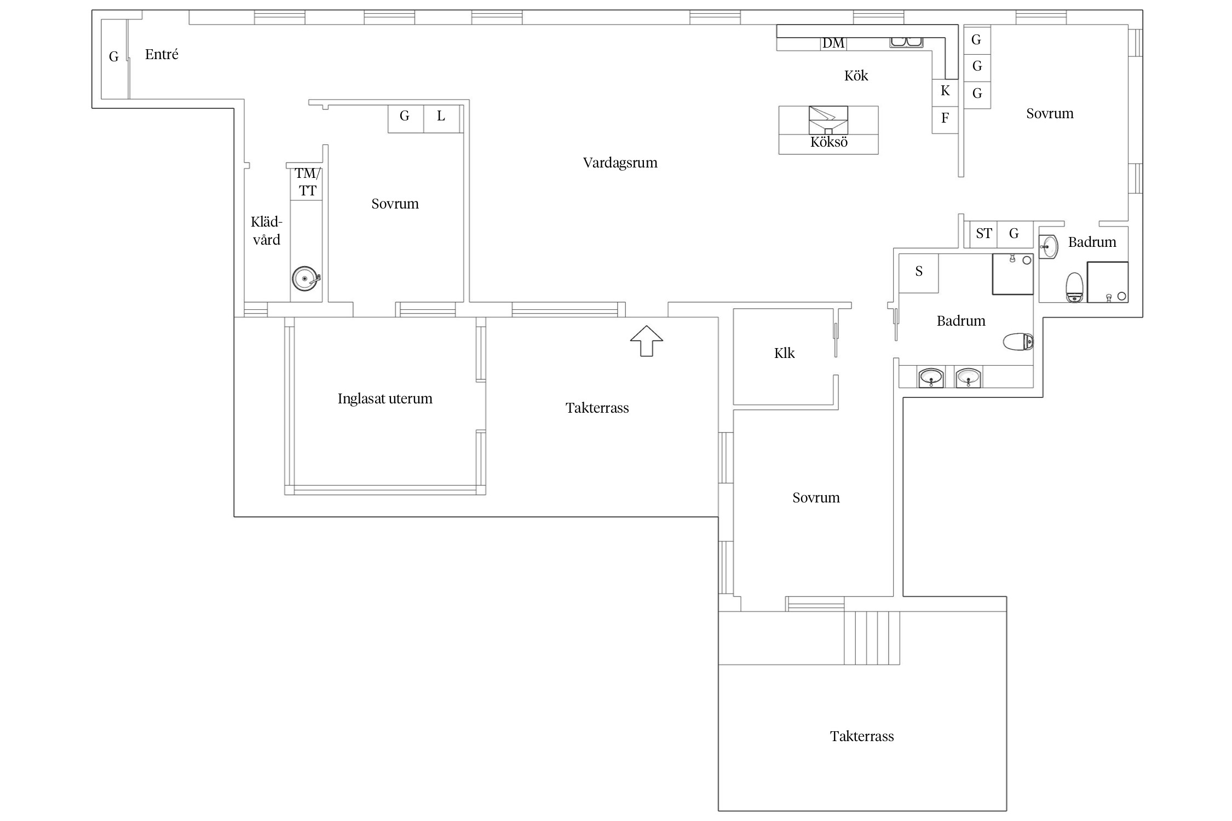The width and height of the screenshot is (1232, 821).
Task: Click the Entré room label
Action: coord(162,54)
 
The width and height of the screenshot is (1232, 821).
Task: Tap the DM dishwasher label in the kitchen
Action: coord(833,43)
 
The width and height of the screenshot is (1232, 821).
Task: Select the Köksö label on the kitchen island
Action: coord(829,142)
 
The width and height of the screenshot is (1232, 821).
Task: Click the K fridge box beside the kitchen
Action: coord(945,92)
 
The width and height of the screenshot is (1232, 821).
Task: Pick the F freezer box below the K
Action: coord(945,120)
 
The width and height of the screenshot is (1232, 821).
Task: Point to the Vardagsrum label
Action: coord(620,163)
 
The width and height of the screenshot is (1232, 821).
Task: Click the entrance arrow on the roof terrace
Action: coord(647,341)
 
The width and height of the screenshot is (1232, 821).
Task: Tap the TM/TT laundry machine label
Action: coord(308,182)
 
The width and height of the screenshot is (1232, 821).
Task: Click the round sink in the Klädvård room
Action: coord(306,279)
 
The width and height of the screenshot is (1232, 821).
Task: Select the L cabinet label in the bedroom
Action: coord(441,116)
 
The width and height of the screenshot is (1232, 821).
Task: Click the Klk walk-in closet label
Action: coord(785,353)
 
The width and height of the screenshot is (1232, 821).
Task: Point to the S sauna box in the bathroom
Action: coord(919,273)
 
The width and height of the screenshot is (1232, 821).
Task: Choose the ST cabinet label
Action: coord(984,234)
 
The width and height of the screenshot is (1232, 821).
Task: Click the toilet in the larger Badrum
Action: coord(1018,342)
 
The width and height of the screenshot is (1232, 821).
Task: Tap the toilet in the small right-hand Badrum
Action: coord(1075,287)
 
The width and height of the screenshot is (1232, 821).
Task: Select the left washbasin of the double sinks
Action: coord(930,378)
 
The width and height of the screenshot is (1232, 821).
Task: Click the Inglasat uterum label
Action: coord(385,398)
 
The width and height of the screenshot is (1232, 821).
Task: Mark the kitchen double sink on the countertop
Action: coord(906,42)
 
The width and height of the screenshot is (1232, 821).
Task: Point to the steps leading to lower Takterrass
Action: coord(872,638)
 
